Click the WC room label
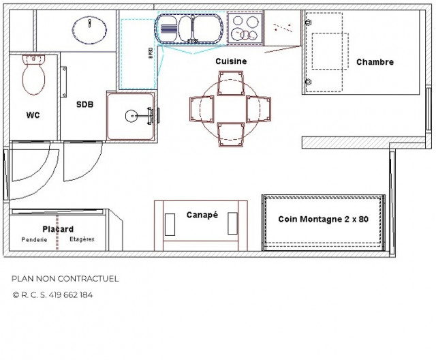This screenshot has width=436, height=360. [33, 115]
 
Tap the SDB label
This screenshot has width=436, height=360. [84, 104]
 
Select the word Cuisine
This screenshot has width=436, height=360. [231, 61]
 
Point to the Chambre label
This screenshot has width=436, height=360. [375, 62]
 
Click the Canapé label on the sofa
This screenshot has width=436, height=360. [202, 215]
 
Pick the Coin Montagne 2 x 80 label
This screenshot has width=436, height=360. [323, 220]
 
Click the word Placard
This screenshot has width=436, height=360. [58, 229]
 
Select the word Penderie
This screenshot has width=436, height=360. [33, 240]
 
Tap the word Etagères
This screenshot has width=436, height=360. [82, 239]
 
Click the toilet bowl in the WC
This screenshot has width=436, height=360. [33, 76]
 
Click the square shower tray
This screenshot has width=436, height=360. [132, 116]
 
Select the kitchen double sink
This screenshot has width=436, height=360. [189, 29]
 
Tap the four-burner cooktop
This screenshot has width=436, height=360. [245, 28]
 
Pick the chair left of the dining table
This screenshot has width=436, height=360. [202, 110]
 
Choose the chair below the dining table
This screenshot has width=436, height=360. [230, 134]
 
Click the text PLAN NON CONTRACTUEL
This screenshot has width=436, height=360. [65, 279]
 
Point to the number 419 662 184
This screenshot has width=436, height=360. [72, 295]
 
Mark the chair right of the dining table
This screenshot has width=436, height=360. [259, 108]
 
